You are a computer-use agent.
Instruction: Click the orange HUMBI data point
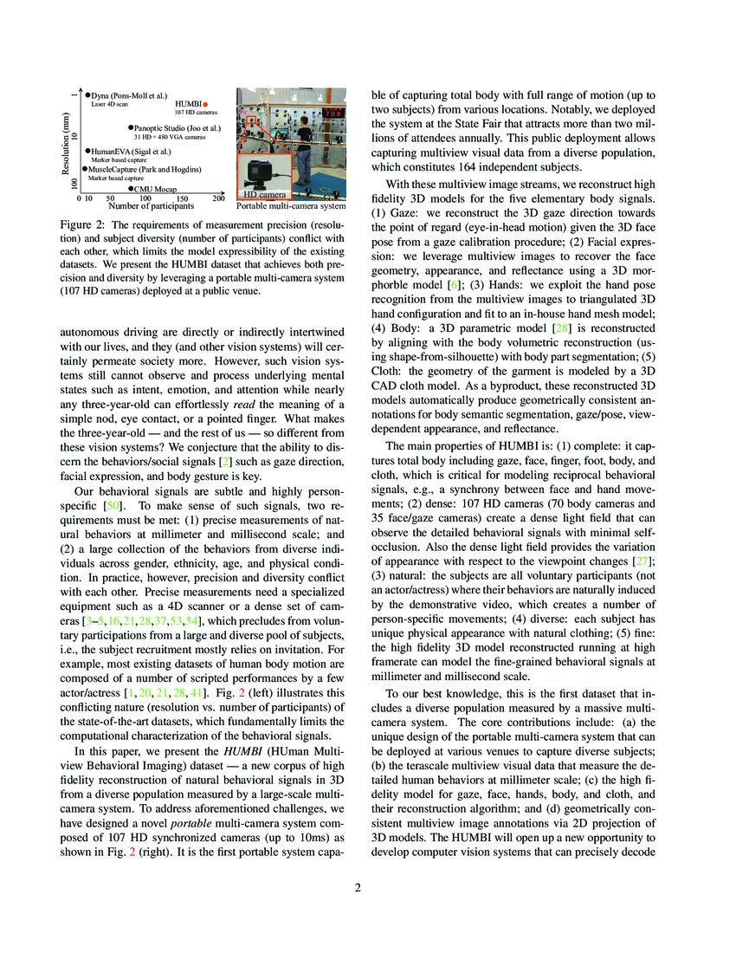(x=205, y=104)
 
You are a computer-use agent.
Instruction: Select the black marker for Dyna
(x=88, y=94)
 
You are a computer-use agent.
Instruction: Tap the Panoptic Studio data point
(x=130, y=127)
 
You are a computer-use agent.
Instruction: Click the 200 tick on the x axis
(x=218, y=198)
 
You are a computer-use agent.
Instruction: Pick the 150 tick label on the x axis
(x=182, y=198)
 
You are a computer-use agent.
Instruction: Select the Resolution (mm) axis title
(x=68, y=144)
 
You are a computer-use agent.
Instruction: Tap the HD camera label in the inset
(x=261, y=195)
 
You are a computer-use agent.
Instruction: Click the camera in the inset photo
(x=259, y=173)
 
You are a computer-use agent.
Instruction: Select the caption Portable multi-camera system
(x=290, y=207)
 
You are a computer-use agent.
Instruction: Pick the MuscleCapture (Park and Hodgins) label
(x=144, y=170)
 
